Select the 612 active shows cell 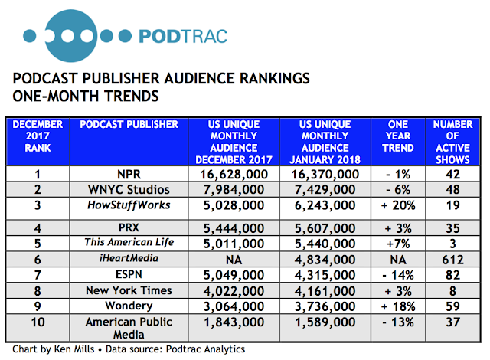[450, 260]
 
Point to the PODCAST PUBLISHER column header [129, 125]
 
